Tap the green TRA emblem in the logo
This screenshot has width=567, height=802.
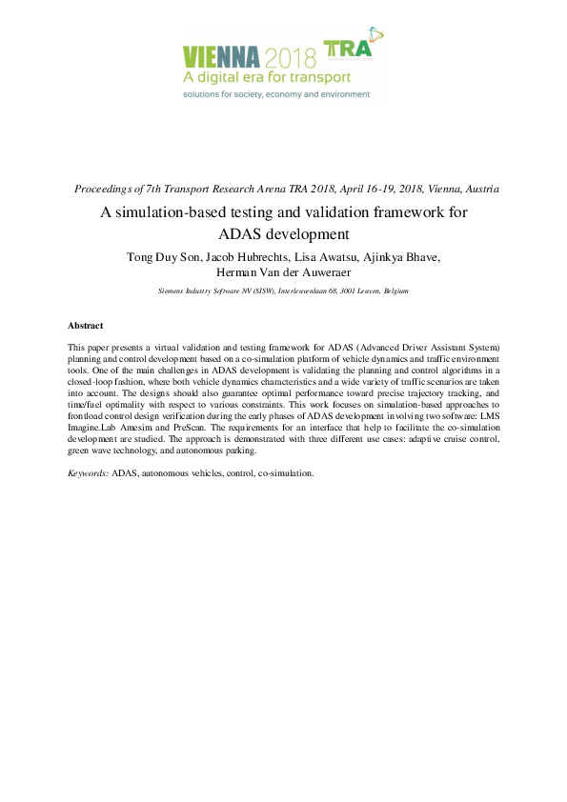(351, 48)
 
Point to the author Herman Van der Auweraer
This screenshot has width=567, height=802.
(284, 272)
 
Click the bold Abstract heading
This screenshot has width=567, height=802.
(85, 326)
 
